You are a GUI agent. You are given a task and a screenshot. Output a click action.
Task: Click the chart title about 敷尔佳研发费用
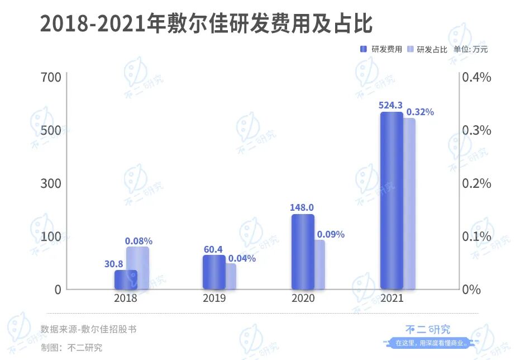(206, 25)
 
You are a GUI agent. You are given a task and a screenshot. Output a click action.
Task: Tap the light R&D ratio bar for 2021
(409, 203)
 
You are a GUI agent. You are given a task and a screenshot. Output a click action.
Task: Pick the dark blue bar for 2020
(303, 252)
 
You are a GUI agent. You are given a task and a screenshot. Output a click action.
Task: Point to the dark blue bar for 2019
(214, 272)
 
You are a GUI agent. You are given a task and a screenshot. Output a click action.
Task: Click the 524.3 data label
(390, 105)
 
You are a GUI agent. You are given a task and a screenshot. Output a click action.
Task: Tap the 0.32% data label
(420, 112)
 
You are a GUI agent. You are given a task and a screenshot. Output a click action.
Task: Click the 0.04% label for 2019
(242, 258)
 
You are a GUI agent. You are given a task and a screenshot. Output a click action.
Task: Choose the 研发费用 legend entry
(382, 49)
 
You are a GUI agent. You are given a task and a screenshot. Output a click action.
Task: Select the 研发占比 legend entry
(428, 49)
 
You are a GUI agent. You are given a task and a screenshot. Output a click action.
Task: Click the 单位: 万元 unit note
(470, 49)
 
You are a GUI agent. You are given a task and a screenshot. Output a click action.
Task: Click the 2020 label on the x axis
(303, 298)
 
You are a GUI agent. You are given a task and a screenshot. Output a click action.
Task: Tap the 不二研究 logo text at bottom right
(427, 329)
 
